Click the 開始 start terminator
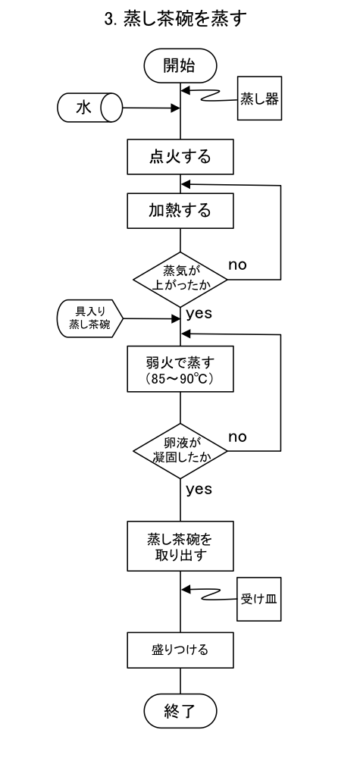coord(180,65)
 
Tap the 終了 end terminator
coord(180,711)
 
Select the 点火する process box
coord(180,157)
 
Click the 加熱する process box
coord(180,211)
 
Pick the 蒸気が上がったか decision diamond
coord(180,279)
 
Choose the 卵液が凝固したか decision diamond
coord(180,451)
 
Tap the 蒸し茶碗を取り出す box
coord(180,546)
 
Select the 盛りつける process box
coord(180,650)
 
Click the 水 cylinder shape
coord(90,108)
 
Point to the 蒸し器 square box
coord(259,98)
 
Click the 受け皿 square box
coord(258,599)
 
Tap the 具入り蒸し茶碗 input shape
coord(90,318)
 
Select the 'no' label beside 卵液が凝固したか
coord(237,437)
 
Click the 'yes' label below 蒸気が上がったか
coord(199,314)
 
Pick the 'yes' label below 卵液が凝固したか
coord(199,490)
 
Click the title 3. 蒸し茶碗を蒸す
coord(176,20)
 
